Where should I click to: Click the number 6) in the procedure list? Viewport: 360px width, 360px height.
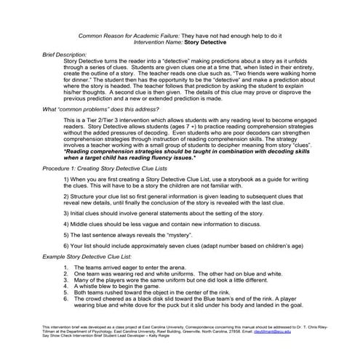[68, 247]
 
